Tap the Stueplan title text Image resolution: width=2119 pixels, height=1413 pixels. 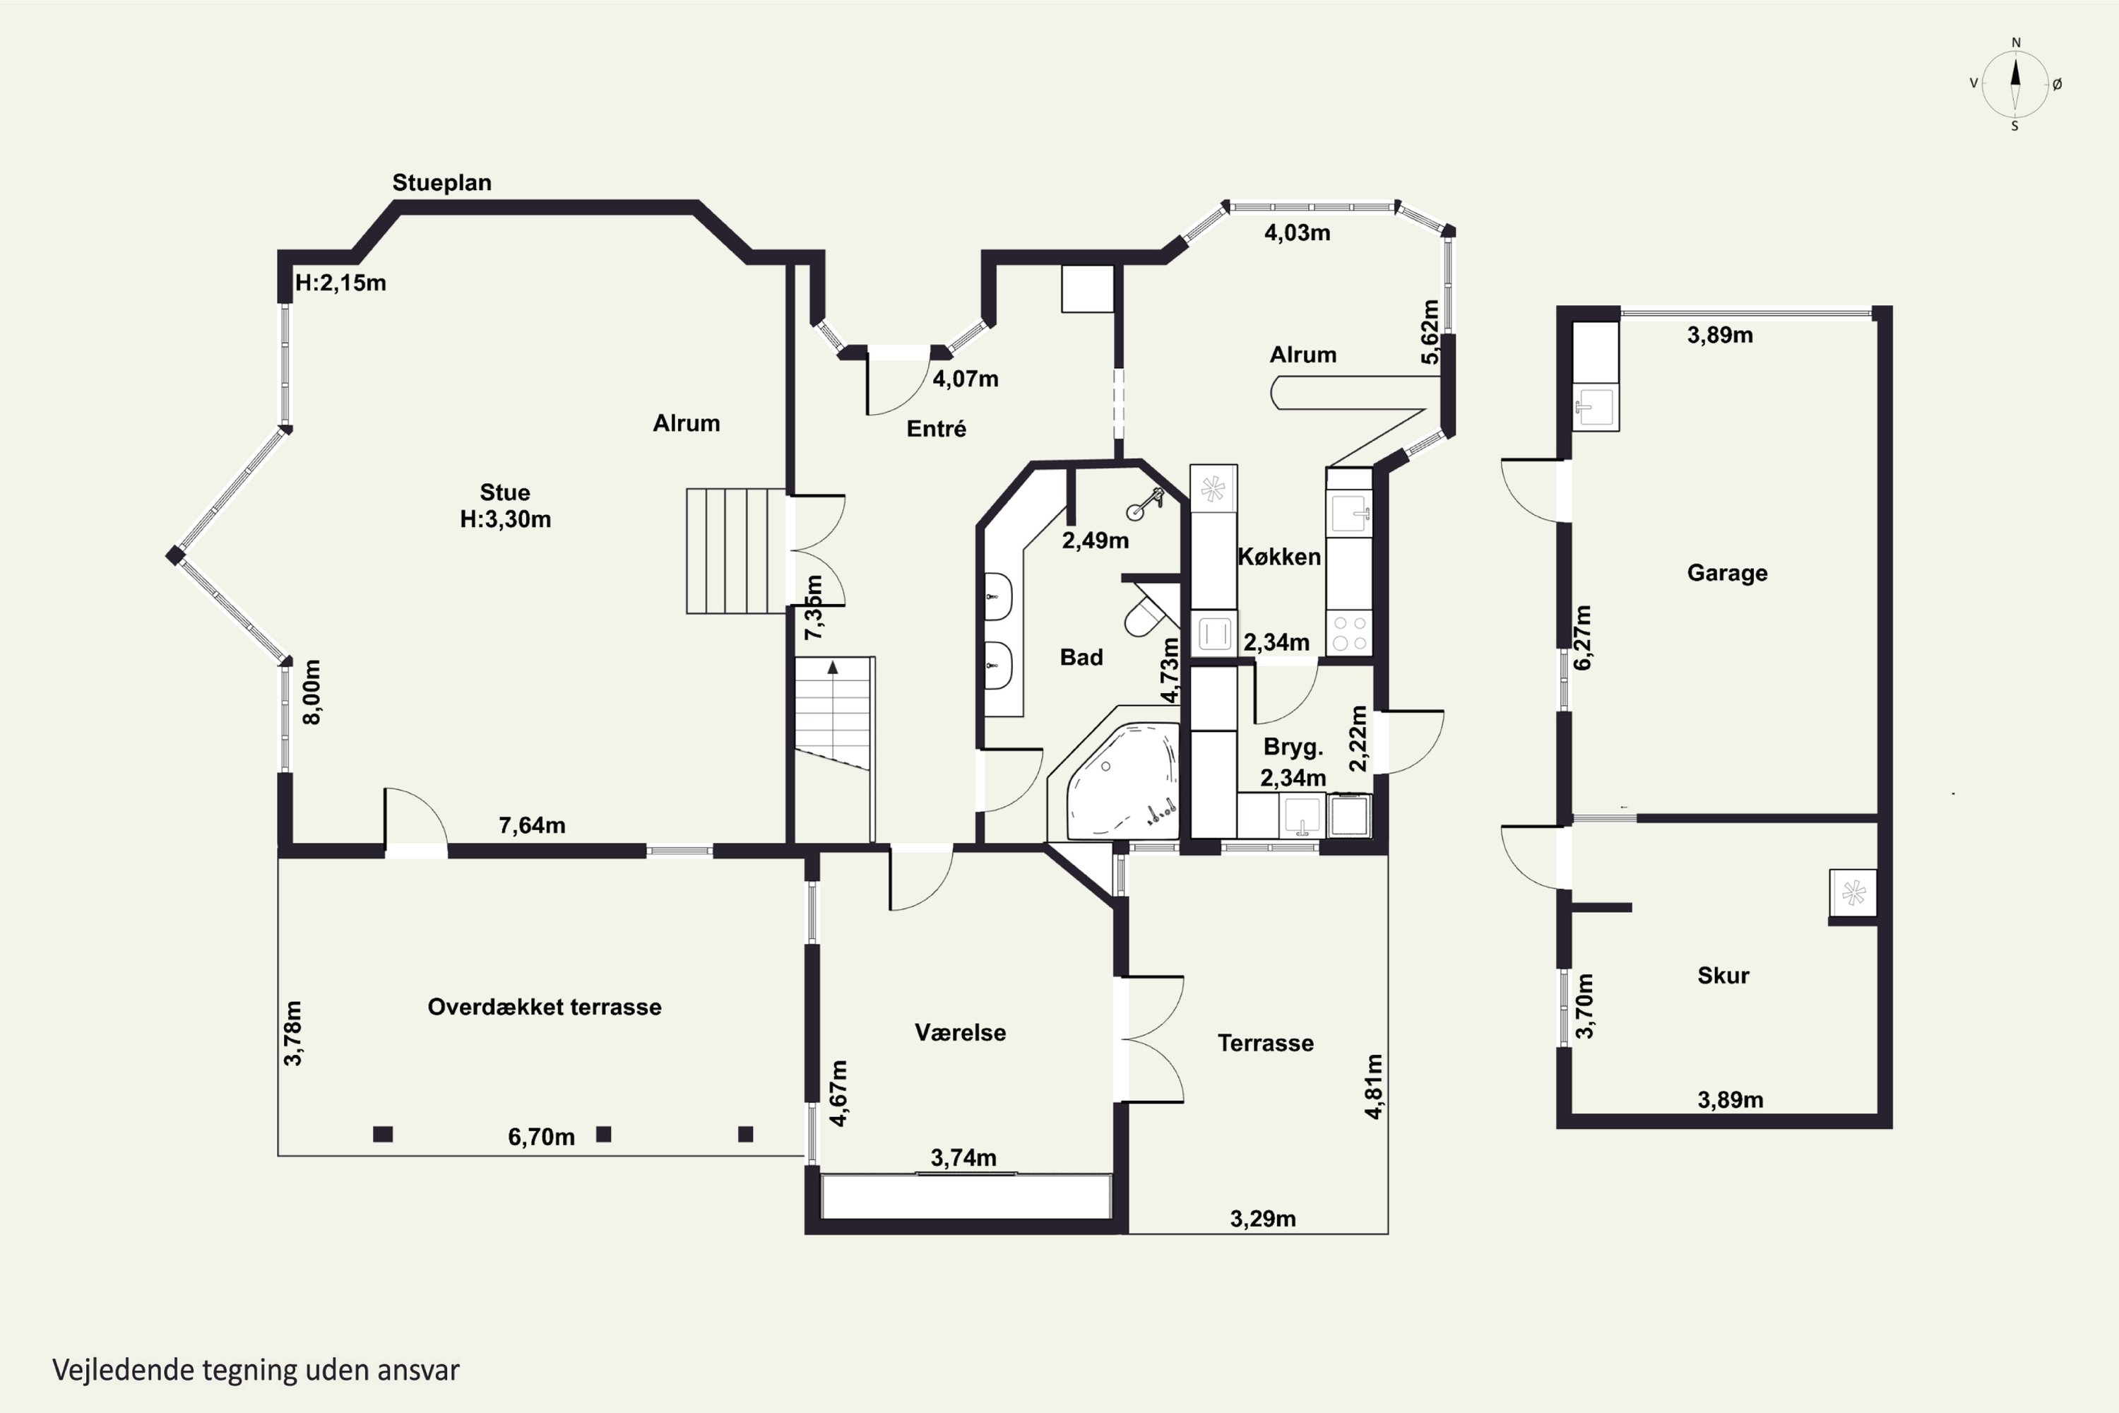[441, 183]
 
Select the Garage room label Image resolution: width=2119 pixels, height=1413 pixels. [1727, 573]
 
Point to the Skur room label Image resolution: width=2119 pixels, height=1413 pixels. [1723, 975]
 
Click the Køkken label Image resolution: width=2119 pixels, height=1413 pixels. [1279, 557]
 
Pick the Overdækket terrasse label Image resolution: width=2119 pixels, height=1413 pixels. [544, 1007]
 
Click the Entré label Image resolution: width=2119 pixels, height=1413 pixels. [936, 429]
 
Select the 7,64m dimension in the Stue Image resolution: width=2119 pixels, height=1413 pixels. [533, 825]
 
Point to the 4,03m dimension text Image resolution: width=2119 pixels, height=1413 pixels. [1298, 232]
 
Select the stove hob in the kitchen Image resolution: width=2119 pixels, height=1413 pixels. [1348, 632]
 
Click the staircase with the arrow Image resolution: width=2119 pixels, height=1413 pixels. [834, 713]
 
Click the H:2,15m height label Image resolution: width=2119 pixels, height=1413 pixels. [340, 283]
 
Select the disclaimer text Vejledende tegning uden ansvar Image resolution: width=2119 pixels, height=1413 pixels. [256, 1371]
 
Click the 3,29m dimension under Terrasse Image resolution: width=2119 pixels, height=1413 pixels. [1263, 1219]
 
